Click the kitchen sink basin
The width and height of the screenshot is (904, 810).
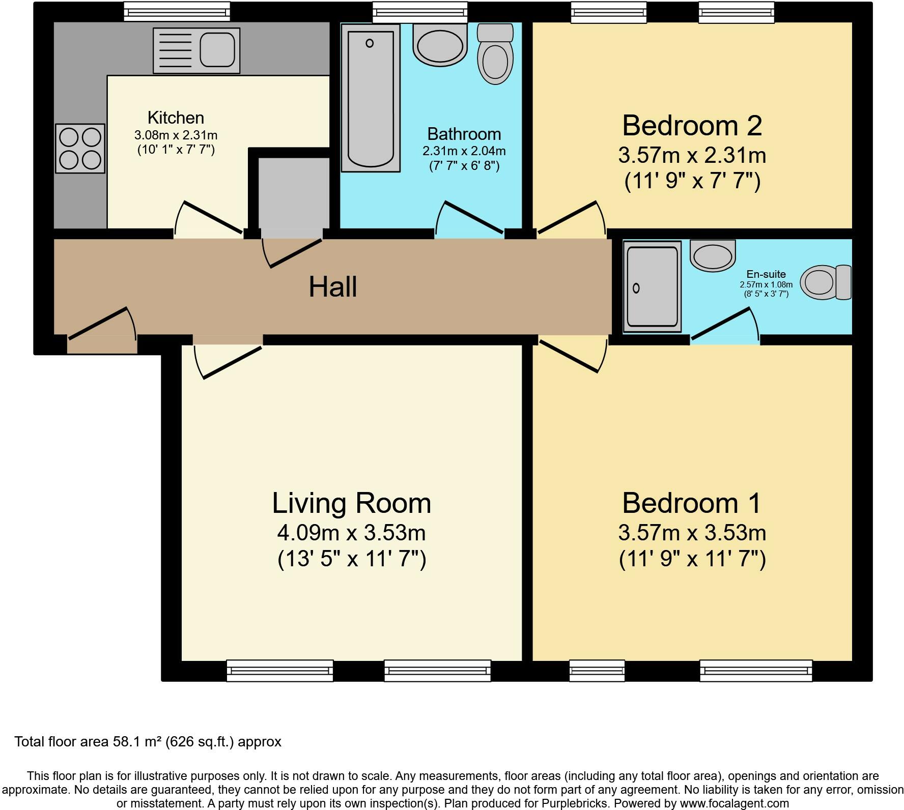coord(217,50)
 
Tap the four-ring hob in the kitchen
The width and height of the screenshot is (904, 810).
coord(80,148)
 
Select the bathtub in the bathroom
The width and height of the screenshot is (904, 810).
coord(370,98)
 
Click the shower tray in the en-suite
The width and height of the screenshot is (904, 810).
coord(652,286)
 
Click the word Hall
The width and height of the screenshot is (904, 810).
coord(332,287)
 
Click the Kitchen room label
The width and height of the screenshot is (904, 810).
coord(176,118)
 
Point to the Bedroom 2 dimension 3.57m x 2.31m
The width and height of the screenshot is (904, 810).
coord(692,155)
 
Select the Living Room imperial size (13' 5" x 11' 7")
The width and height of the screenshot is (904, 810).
coord(352,559)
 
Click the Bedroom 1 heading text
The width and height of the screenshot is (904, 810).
coord(692,503)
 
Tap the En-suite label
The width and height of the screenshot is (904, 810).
coord(766,274)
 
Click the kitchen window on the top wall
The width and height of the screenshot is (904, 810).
coord(177,12)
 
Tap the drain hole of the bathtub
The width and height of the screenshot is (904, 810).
coord(370,43)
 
